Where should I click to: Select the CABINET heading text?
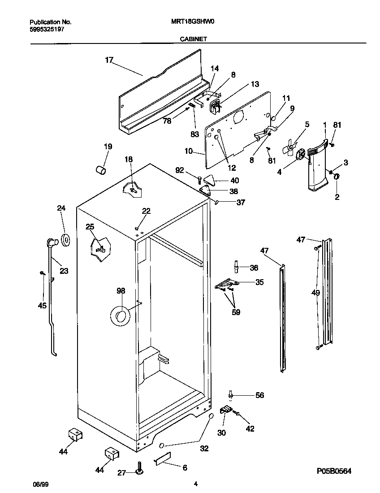(x=193, y=39)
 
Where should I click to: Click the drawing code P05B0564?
(x=333, y=471)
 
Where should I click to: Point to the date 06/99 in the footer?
(x=40, y=484)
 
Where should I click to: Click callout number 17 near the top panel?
(x=109, y=60)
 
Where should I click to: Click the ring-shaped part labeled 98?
(x=120, y=317)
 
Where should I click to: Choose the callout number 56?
(x=259, y=395)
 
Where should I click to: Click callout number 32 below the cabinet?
(x=204, y=448)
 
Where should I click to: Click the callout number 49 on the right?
(x=316, y=293)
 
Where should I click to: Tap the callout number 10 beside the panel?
(x=188, y=151)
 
